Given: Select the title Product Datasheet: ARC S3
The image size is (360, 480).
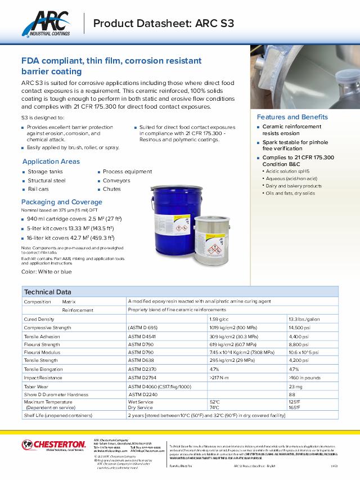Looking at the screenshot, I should [x=163, y=23].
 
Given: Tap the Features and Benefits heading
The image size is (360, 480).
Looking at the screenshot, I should [x=292, y=117].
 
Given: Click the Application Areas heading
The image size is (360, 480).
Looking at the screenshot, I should [x=51, y=162].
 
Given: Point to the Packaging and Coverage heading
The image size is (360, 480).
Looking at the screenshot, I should [x=62, y=202].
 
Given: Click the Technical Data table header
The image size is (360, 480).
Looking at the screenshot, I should [x=47, y=292].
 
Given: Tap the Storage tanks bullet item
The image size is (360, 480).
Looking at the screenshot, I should [x=45, y=172].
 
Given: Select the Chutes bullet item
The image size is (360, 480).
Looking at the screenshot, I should [x=111, y=189].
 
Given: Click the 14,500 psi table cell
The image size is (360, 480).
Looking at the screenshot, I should [x=300, y=328].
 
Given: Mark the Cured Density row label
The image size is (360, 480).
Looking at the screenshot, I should [x=39, y=318].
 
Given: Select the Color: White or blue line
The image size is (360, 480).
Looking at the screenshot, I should [x=46, y=272].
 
